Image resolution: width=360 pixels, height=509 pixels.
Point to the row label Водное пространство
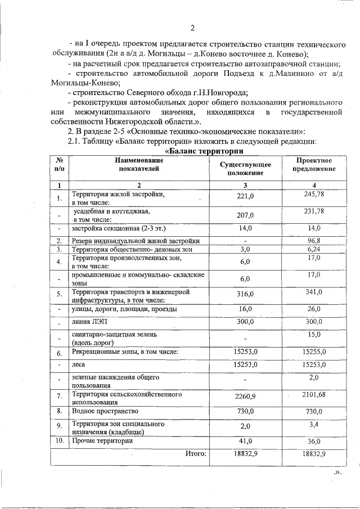105,411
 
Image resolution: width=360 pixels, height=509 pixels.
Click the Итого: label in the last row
195,453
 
